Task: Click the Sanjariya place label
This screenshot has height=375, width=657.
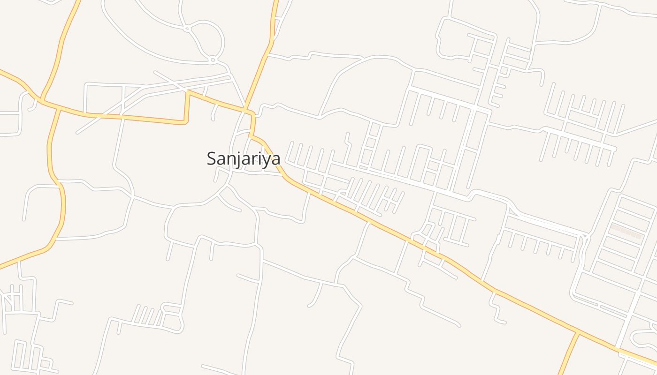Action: tap(244, 158)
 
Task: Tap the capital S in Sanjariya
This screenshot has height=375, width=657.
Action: tap(212, 158)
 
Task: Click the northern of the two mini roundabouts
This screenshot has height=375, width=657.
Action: tap(187, 29)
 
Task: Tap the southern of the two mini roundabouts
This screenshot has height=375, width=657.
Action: tap(213, 60)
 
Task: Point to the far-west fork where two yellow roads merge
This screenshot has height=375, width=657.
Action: tap(41, 100)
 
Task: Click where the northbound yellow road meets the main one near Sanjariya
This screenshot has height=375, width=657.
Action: tap(246, 111)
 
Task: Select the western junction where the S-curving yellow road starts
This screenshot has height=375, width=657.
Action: tap(59, 109)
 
